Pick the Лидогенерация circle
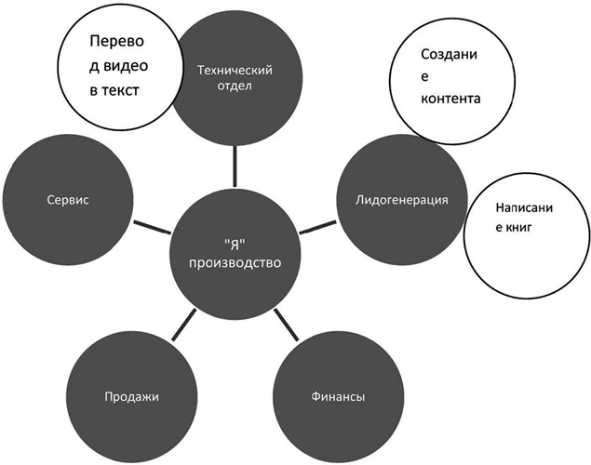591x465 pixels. [402, 200]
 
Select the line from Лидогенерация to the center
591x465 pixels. [321, 224]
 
